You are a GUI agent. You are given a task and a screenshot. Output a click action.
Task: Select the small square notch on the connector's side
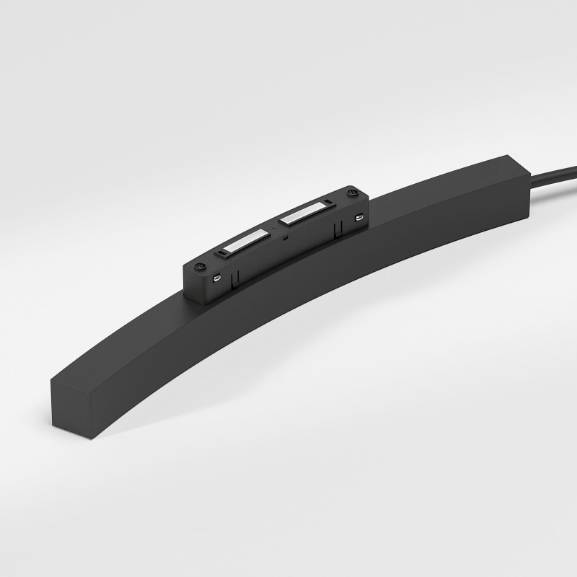tap(286, 236)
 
